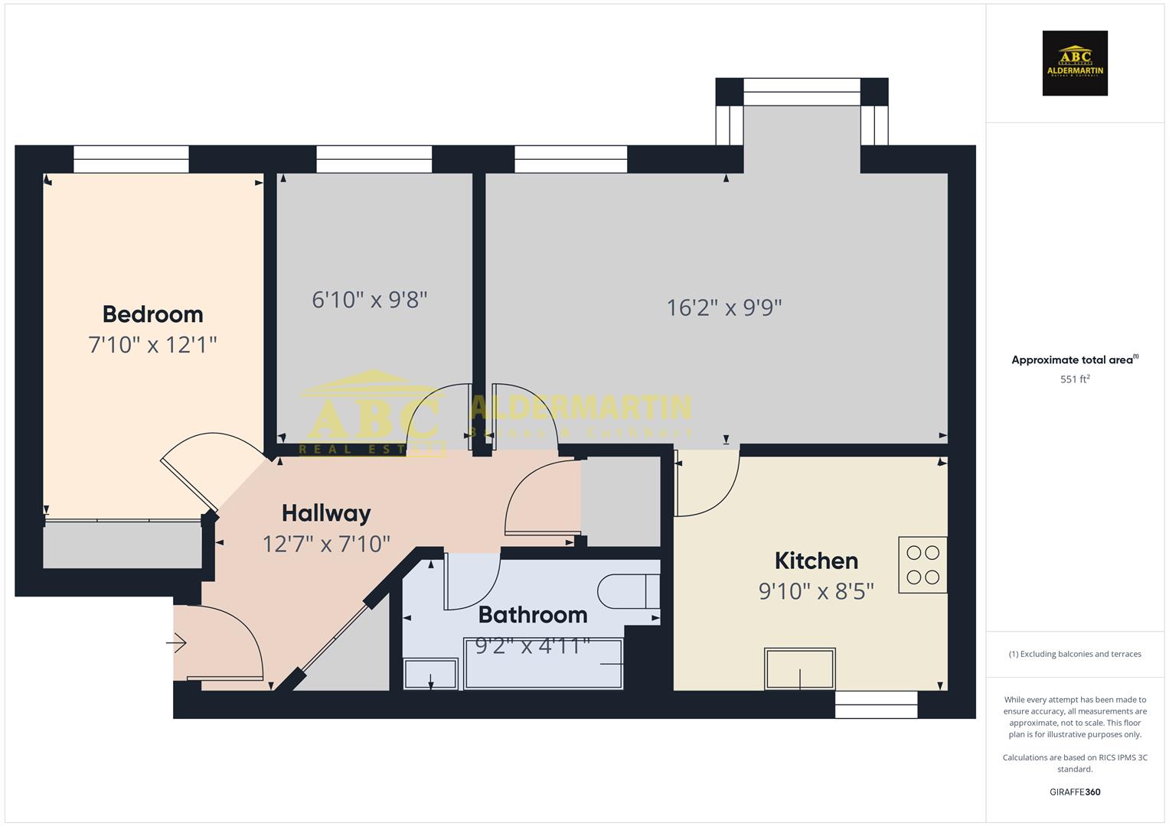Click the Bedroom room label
coord(152,314)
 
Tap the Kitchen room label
coord(816,561)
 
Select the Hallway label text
coord(326,513)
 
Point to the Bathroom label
coord(533,615)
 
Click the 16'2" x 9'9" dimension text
coord(724,307)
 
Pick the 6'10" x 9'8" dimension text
coord(369,299)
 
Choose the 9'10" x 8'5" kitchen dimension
coord(816,591)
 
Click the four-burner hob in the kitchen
coord(922,565)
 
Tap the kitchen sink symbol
coord(800,669)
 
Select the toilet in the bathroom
coord(628,590)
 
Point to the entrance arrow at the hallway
coord(176,643)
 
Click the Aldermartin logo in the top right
coord(1075,63)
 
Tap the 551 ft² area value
coord(1075,379)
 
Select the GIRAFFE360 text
coord(1075,792)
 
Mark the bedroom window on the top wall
coord(131,159)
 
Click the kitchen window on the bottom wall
coord(876,704)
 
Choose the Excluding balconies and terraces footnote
coord(1075,654)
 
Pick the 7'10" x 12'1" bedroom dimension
coord(152,345)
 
